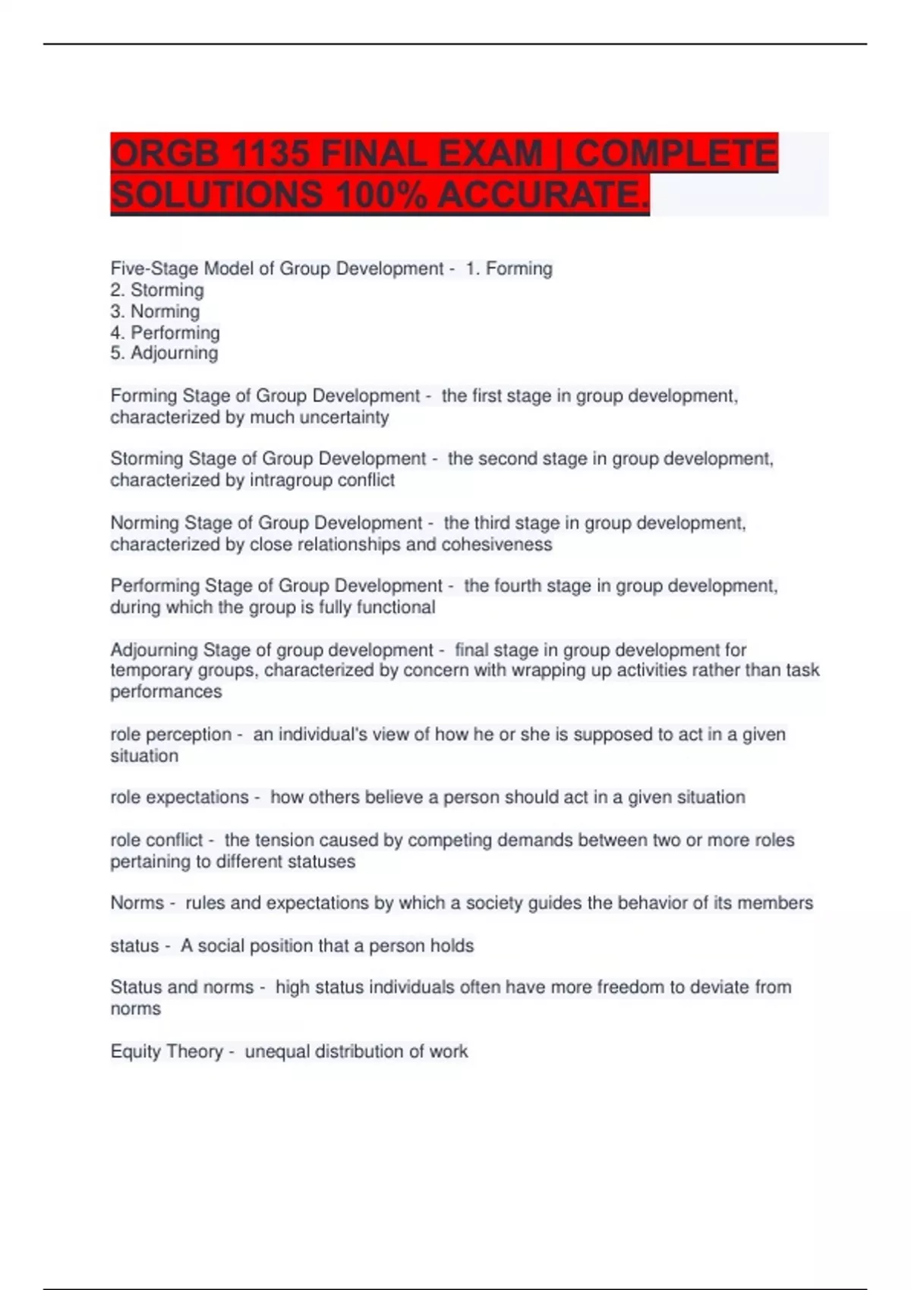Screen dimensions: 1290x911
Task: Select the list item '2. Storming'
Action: tap(157, 290)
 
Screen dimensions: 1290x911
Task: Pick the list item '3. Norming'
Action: tap(155, 311)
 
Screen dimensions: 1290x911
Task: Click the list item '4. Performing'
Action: tap(165, 332)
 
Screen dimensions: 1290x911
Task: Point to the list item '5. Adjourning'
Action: tap(164, 353)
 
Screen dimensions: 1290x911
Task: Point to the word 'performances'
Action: tap(166, 692)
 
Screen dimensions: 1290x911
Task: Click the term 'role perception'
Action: tap(171, 735)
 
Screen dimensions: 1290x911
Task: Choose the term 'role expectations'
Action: tap(179, 798)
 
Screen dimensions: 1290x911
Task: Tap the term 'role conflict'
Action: tap(156, 840)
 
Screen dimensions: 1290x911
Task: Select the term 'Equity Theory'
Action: tap(167, 1052)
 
